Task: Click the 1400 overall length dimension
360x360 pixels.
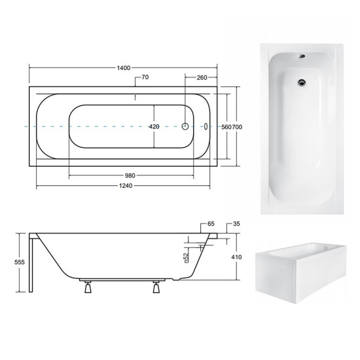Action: tap(124, 68)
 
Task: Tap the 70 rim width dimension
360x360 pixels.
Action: tap(145, 77)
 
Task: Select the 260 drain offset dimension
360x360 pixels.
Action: tap(202, 78)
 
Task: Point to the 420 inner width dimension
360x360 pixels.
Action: tap(154, 126)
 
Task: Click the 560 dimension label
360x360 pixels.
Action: tap(226, 127)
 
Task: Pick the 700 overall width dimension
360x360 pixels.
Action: tap(237, 127)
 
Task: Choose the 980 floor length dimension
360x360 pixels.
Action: tap(130, 176)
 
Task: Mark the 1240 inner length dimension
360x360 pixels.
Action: tap(126, 185)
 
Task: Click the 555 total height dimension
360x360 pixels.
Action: tap(19, 262)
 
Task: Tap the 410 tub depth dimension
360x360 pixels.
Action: tap(236, 257)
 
